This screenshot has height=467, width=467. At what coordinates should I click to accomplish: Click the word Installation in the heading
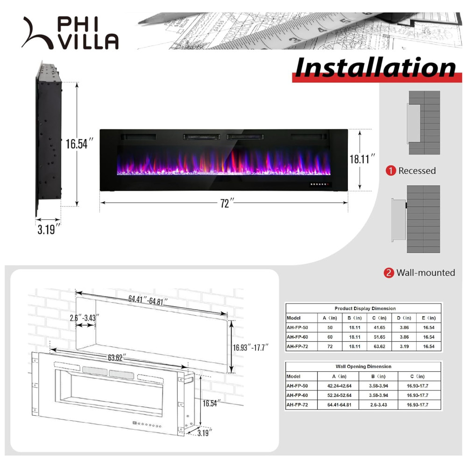point(375,68)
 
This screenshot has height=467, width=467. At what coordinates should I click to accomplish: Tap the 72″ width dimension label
point(226,204)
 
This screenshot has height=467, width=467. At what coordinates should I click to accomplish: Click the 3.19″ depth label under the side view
point(49,229)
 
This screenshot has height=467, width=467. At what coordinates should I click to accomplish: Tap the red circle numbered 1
point(391,171)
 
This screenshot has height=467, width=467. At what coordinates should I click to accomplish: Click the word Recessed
point(417,171)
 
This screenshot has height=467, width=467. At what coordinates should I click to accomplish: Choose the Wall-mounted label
point(425,273)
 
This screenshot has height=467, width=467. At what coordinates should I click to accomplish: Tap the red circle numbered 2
point(389,273)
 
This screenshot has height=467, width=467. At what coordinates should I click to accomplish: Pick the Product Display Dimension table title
point(365,308)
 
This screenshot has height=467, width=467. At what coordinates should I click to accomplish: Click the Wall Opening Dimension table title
point(363,367)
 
